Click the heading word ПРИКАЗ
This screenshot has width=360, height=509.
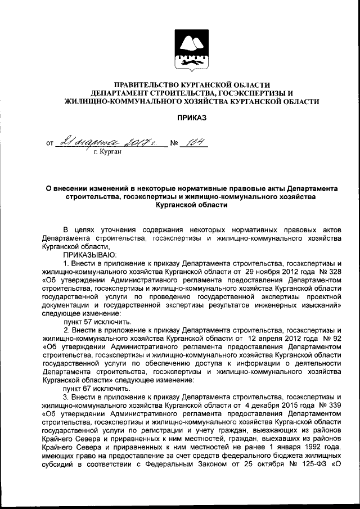point(192,118)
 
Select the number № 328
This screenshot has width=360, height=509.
point(330,271)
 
